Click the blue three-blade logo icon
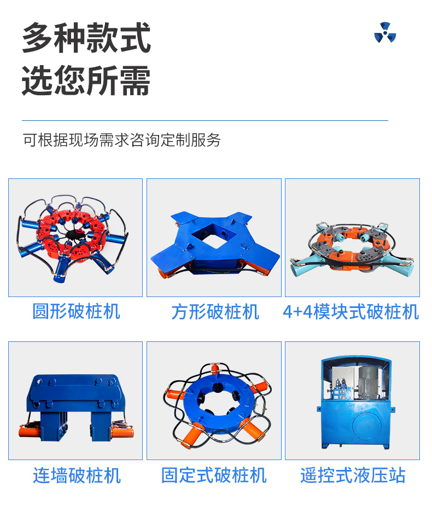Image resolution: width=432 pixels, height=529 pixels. tap(385, 32)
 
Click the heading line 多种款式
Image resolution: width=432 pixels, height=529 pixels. tap(86, 38)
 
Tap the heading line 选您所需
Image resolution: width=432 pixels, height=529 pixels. tap(86, 80)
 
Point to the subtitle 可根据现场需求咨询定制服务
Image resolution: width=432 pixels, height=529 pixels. tap(122, 139)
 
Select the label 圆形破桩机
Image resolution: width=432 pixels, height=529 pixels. tap(76, 311)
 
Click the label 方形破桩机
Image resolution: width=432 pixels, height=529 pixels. tap(215, 312)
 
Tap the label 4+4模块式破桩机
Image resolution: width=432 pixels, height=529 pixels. tap(351, 312)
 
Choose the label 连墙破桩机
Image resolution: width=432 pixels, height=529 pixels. tap(77, 475)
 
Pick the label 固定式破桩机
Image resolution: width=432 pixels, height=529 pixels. tap(214, 475)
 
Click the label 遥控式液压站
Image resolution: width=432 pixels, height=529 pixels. tap(353, 475)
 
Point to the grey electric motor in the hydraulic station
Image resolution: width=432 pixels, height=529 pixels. tap(370, 382)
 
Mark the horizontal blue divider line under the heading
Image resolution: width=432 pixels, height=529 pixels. tap(205, 120)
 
